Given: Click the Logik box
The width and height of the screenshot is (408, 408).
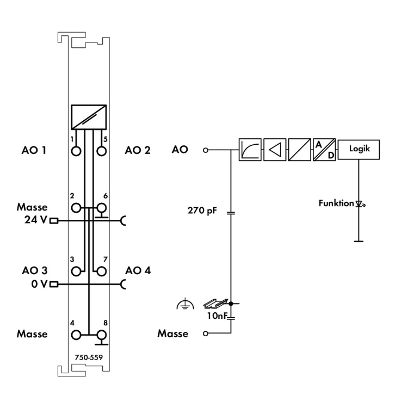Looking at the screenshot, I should click(358, 150).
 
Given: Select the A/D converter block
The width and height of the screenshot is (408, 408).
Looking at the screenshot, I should click(324, 150).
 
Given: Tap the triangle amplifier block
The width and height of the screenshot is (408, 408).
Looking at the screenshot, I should click(275, 150).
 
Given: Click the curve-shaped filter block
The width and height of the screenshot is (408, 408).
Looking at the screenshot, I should click(250, 150).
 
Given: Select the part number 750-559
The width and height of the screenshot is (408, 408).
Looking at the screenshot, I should click(88, 357).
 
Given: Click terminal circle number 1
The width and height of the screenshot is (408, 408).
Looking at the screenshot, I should click(76, 150).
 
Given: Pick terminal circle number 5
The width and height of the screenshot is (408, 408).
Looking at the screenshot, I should click(100, 150).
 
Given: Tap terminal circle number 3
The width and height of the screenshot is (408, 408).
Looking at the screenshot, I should click(76, 270).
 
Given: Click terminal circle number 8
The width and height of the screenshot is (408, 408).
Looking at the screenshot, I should click(100, 335).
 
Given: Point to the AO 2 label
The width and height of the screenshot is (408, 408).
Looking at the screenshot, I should click(137, 150).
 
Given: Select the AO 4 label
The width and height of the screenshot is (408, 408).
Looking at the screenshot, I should click(137, 270).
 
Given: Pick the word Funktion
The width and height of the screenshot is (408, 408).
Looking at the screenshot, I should click(336, 204).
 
